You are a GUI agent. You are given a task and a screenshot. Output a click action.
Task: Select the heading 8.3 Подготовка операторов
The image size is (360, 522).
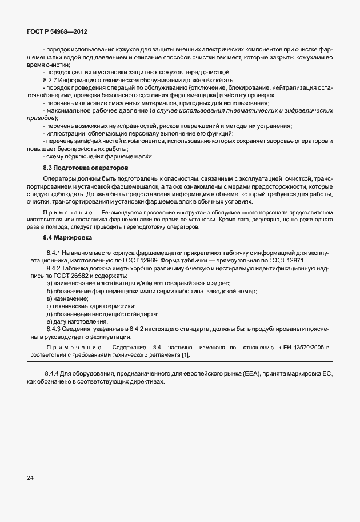click(x=85, y=168)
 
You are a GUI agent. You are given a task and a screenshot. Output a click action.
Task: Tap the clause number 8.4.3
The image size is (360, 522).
click(x=54, y=330)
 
